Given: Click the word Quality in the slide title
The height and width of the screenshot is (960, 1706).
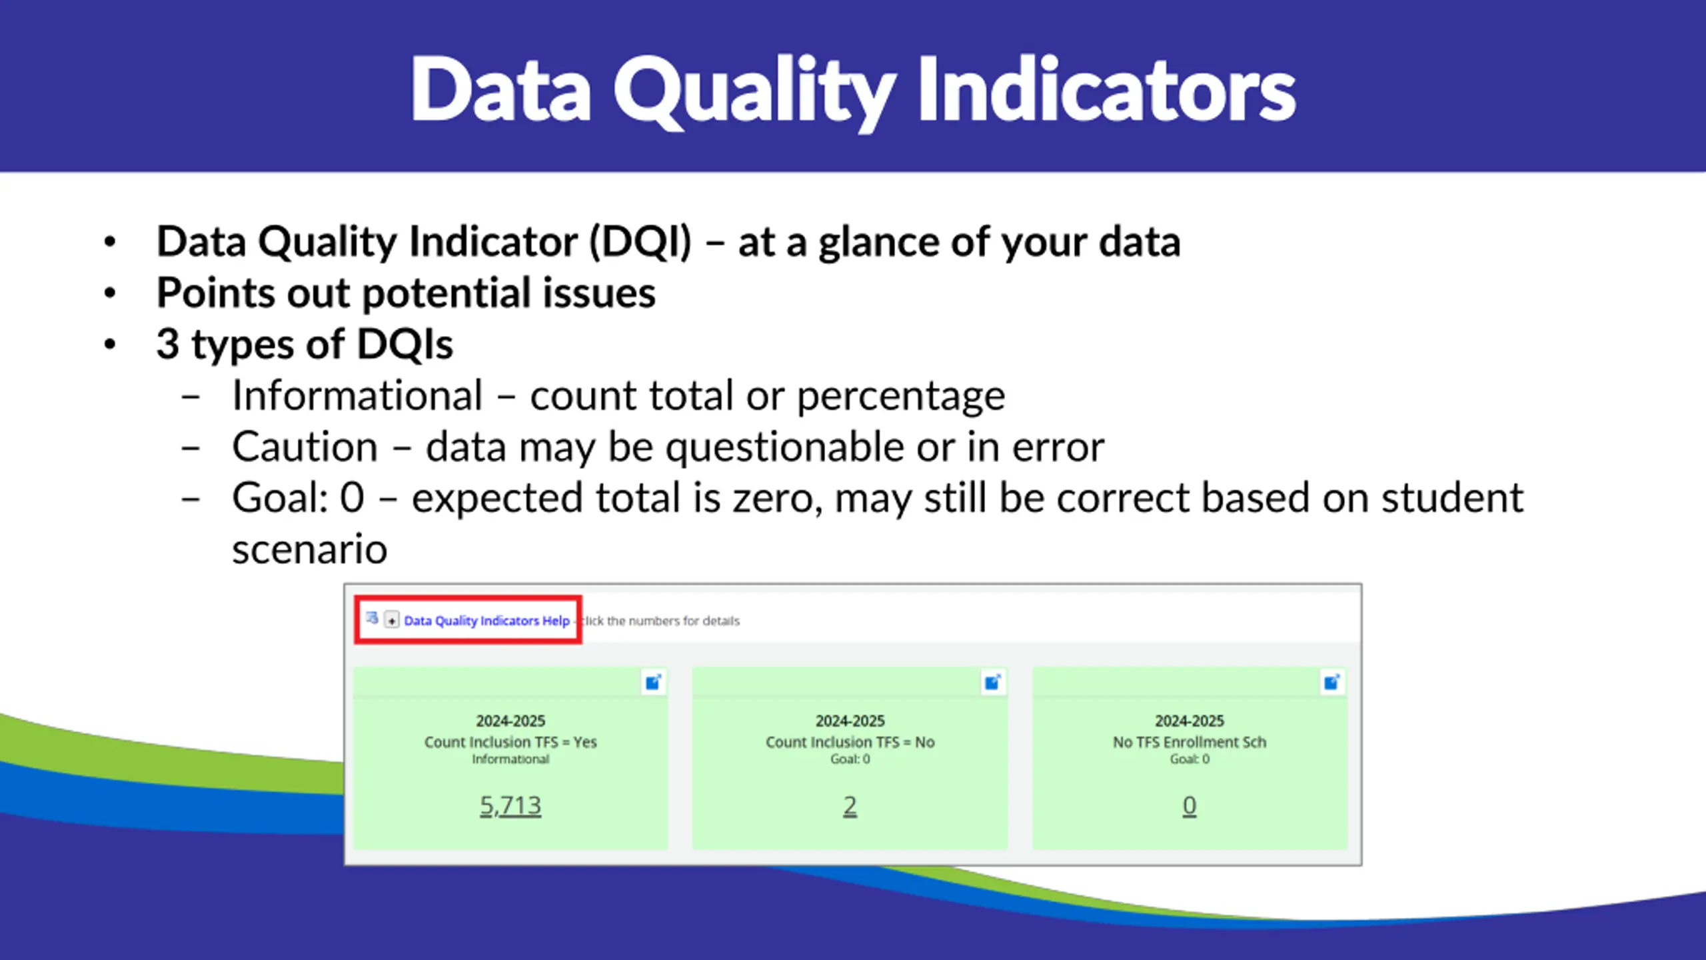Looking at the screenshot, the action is tap(754, 91).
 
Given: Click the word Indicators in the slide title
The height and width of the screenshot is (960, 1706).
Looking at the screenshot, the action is tap(1107, 89).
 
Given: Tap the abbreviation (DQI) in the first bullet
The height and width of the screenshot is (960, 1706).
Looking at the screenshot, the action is tap(640, 241).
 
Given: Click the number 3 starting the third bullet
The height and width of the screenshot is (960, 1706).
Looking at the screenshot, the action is tap(168, 344).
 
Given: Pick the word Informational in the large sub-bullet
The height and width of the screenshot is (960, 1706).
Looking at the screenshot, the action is tap(357, 395).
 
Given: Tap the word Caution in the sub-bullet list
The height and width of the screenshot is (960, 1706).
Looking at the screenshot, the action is tap(305, 447).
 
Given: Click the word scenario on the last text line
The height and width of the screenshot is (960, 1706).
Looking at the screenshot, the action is tap(310, 549).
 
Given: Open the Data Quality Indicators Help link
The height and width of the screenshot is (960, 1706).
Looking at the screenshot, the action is tap(486, 621).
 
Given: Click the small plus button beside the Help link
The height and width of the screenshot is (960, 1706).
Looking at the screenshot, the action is tap(392, 620).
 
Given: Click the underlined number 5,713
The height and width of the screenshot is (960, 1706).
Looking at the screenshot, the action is tap(510, 805).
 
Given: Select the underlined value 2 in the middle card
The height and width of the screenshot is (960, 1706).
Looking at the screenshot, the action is tap(850, 806).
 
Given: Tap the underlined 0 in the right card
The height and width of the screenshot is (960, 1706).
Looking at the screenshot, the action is tap(1190, 806).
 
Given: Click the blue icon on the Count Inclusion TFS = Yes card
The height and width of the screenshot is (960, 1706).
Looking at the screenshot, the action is tap(653, 682).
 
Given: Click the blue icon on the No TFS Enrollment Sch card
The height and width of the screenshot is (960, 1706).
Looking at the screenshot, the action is tap(1332, 682).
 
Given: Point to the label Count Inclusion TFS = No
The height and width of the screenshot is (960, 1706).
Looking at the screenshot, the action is tap(850, 742).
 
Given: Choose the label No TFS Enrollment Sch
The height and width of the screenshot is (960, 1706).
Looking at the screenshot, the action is tap(1190, 742).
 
